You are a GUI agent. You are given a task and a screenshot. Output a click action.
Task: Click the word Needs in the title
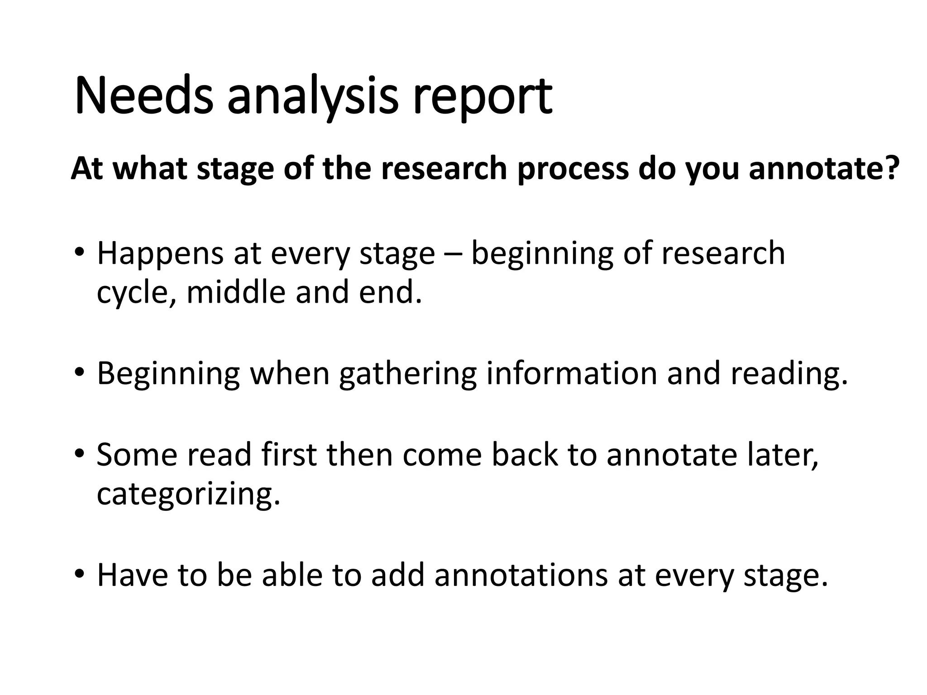143,96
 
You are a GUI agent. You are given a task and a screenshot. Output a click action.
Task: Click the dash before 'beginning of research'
453,255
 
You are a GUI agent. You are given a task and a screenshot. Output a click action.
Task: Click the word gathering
408,375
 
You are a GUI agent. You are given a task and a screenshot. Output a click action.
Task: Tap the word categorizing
189,495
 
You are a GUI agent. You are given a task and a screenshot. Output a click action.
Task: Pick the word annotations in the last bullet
521,575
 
